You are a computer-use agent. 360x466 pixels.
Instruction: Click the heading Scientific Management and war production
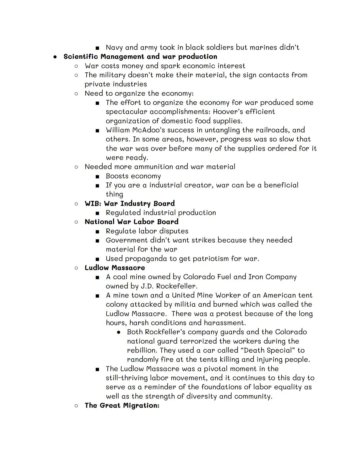140,57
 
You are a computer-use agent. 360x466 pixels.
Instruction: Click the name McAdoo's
147,130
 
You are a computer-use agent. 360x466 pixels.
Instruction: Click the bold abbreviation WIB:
93,203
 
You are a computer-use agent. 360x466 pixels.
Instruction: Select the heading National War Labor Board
132,222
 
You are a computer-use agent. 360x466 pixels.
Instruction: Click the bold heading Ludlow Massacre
115,268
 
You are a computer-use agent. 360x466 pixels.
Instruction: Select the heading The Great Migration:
122,406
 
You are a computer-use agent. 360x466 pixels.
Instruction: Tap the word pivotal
216,369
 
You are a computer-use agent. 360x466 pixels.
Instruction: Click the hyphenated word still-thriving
127,378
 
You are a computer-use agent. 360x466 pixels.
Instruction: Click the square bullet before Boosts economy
97,176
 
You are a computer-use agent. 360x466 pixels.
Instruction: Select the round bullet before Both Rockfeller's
118,333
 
